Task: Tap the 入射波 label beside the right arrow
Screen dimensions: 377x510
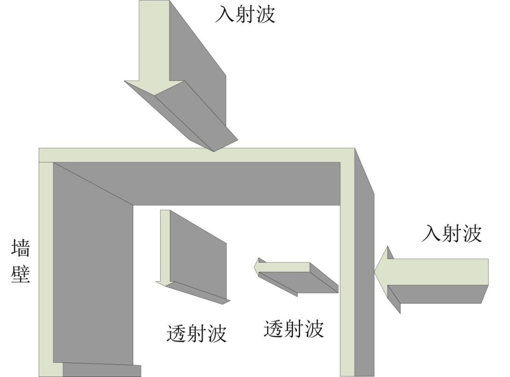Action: [452, 233]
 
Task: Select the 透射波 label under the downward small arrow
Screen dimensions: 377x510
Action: [196, 333]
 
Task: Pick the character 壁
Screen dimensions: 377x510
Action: [21, 273]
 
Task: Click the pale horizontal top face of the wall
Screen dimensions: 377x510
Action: [196, 155]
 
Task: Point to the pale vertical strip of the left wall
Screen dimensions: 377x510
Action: [46, 262]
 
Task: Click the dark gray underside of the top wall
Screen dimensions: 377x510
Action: [235, 183]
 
